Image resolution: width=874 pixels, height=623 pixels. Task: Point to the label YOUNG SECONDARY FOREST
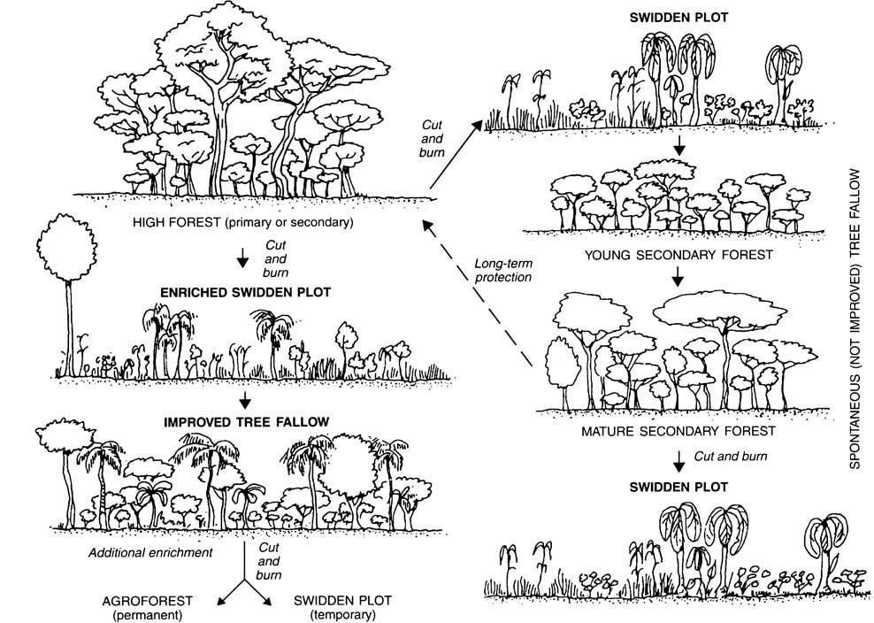pyautogui.click(x=678, y=255)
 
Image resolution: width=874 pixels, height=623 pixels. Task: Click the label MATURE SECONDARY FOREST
pyautogui.click(x=678, y=432)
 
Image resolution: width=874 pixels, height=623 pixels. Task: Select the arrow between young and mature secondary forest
pyautogui.click(x=678, y=278)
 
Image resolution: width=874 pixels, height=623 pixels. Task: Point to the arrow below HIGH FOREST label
pyautogui.click(x=241, y=258)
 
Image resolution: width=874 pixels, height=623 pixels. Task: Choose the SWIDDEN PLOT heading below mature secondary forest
pyautogui.click(x=678, y=487)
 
